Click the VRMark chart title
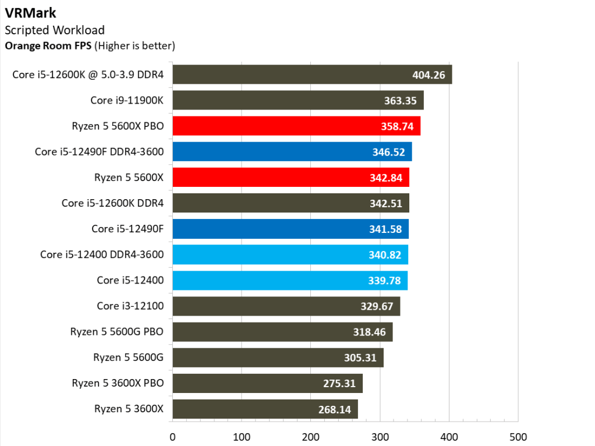(x=27, y=12)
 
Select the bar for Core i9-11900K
(x=297, y=100)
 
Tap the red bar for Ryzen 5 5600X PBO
(x=296, y=126)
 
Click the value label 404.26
(x=428, y=75)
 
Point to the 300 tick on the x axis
(x=380, y=437)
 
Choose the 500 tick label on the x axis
(x=518, y=437)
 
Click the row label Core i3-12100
(x=130, y=306)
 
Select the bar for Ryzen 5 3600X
(x=265, y=409)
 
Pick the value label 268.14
(x=335, y=409)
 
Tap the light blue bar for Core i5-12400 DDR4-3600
(x=290, y=254)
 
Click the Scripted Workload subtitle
(x=54, y=30)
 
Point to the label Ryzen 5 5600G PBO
(x=117, y=331)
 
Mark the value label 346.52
(x=388, y=152)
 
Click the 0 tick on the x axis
(x=172, y=437)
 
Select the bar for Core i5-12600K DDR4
(x=291, y=203)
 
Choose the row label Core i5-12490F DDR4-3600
(x=99, y=151)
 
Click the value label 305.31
(x=360, y=357)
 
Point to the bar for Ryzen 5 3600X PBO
(x=267, y=383)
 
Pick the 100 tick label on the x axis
(x=242, y=437)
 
